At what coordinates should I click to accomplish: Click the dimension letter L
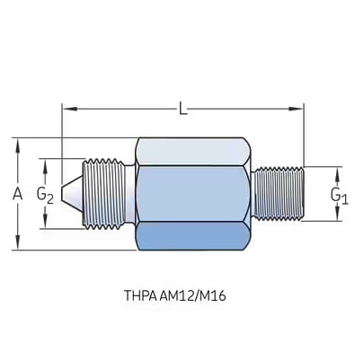point(183,109)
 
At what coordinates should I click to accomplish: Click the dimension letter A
point(18,194)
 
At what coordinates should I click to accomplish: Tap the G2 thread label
point(45,195)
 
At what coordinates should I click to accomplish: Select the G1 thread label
point(340,196)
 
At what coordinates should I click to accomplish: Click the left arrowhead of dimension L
point(69,109)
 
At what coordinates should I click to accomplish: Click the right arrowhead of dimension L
point(296,109)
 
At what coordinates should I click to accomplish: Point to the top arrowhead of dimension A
point(18,146)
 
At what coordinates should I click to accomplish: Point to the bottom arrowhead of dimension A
point(18,241)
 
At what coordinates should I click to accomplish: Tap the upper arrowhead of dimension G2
point(45,166)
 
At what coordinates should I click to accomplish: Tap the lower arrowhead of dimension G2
point(45,221)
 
